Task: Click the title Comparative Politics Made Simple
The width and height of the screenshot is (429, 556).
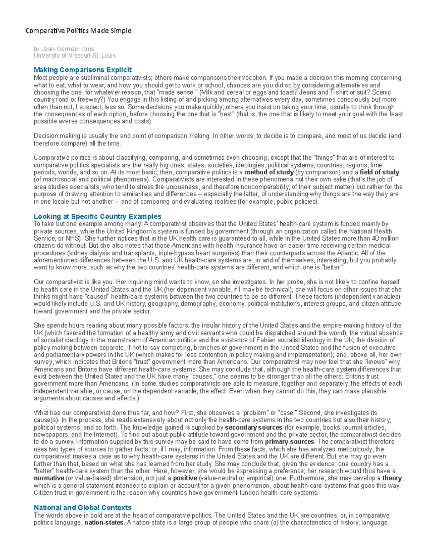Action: point(78,31)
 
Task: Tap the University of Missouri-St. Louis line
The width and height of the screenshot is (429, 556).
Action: point(74,55)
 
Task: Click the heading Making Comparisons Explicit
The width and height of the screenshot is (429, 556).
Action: point(83,70)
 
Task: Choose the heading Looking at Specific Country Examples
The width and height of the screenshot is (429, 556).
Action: point(97,216)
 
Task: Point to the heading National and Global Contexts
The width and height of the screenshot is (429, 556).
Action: point(82,507)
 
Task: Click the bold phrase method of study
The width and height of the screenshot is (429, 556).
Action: point(269,172)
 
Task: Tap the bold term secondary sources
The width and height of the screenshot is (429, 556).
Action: point(253,427)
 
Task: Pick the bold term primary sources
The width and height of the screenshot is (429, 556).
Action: point(290,442)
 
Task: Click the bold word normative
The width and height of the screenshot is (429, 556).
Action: point(49,478)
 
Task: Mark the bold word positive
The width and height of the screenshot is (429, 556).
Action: point(185,478)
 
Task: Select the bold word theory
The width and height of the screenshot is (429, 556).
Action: point(392,478)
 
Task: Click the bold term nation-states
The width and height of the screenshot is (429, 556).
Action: point(104,523)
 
